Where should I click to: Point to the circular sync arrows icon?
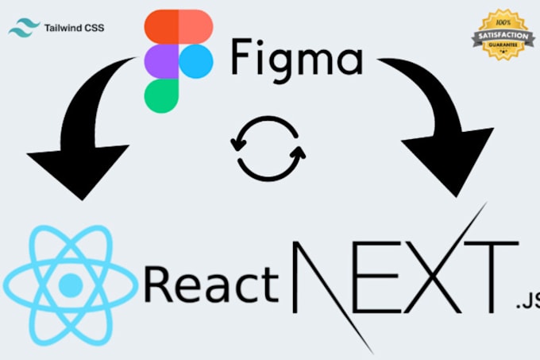pyautogui.click(x=268, y=147)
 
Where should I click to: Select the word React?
pyautogui.click(x=211, y=285)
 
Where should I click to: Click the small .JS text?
pyautogui.click(x=526, y=301)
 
